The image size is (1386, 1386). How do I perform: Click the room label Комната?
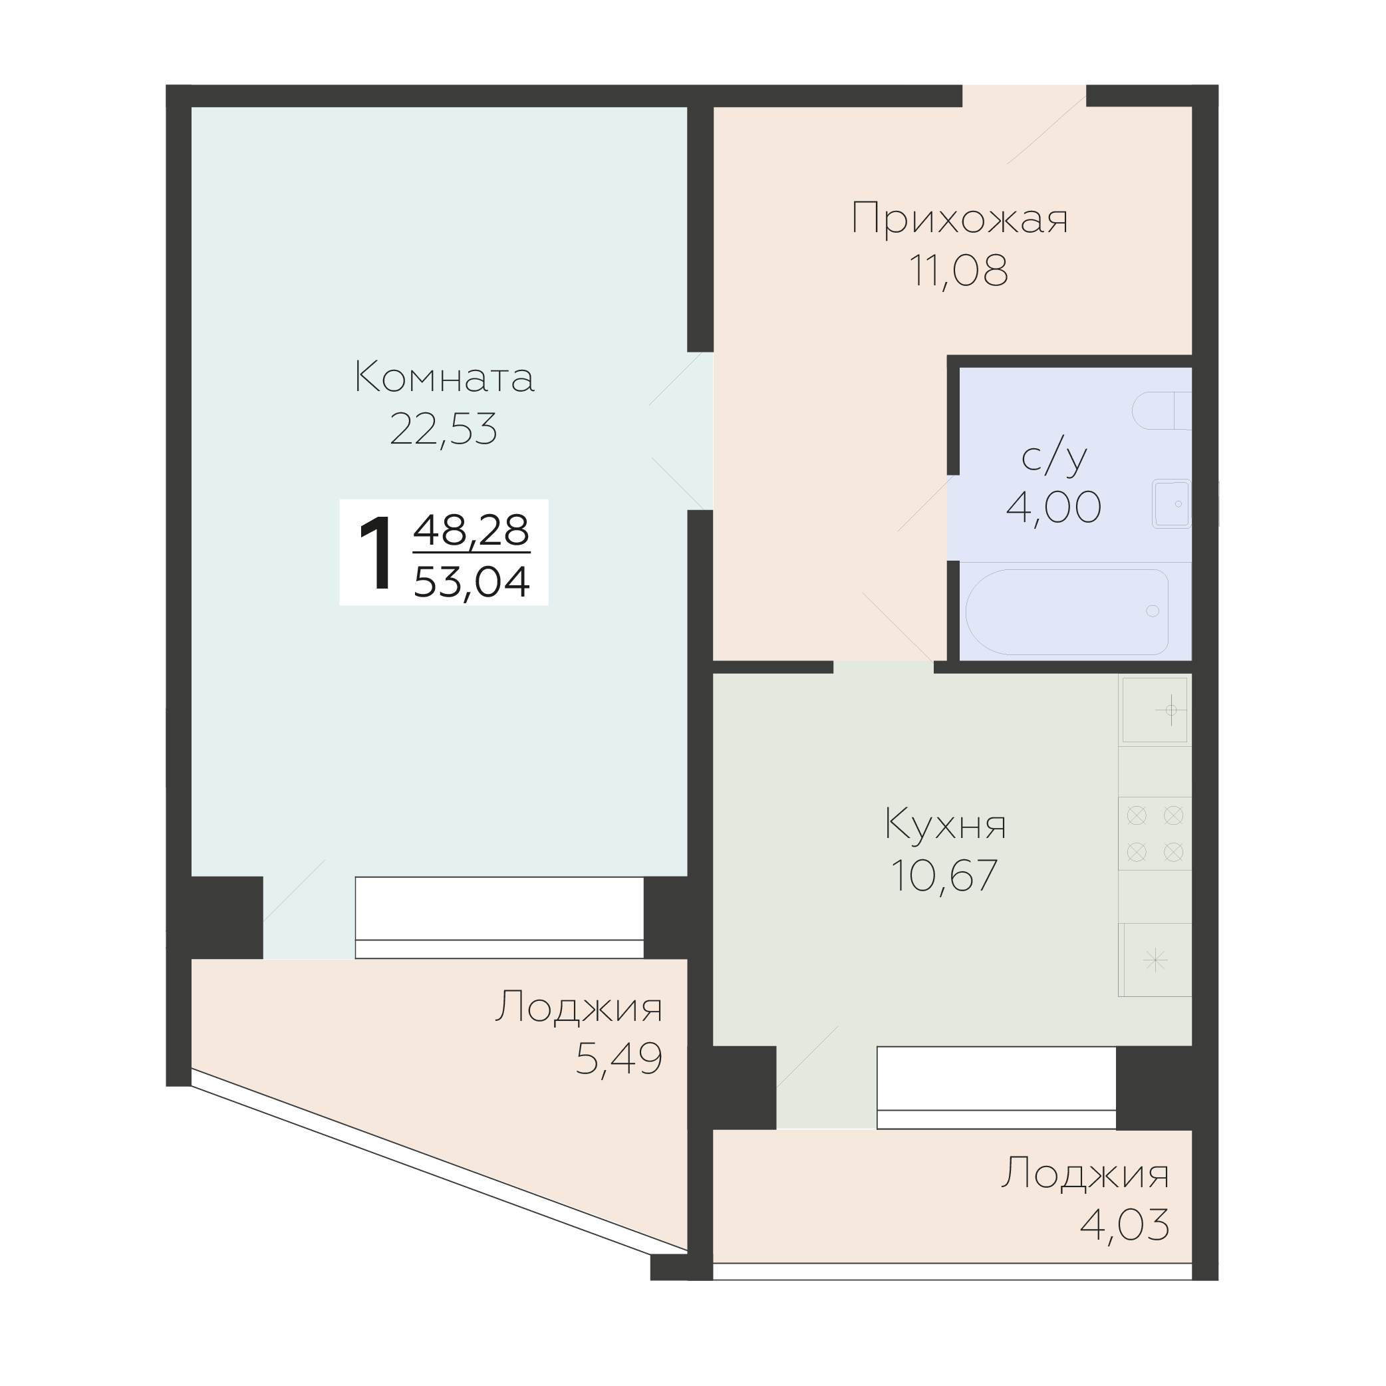[445, 377]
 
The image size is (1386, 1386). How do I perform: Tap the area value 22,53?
[444, 429]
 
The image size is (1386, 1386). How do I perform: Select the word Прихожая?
[960, 218]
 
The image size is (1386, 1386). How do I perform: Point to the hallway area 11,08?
[958, 271]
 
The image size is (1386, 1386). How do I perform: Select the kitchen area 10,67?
[944, 875]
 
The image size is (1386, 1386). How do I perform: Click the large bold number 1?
[376, 553]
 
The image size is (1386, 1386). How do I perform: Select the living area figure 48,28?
[472, 530]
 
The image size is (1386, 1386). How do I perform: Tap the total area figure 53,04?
[472, 581]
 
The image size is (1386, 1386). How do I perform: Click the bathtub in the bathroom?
[1067, 612]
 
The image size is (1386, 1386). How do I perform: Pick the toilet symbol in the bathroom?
[1161, 410]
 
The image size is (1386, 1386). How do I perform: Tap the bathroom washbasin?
[1171, 503]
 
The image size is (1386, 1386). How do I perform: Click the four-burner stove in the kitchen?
[1155, 833]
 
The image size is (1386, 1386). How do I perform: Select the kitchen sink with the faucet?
[1155, 710]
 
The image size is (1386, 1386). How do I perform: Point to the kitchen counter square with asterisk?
[1155, 960]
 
